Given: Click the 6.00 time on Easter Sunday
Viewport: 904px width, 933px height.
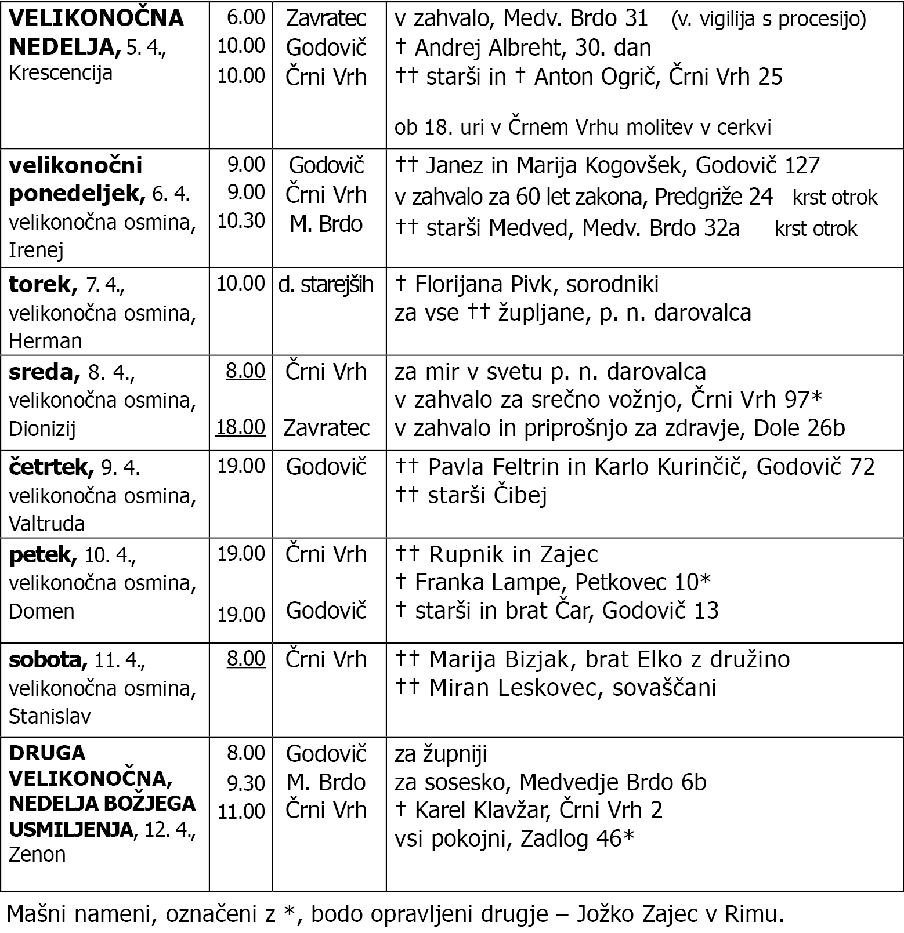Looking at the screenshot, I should pyautogui.click(x=245, y=17).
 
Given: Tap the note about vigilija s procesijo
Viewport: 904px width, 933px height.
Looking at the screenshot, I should pyautogui.click(x=768, y=20).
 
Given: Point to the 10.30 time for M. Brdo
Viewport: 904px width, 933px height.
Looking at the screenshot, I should pyautogui.click(x=241, y=220).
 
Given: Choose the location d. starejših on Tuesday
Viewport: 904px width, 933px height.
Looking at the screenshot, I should pyautogui.click(x=326, y=284).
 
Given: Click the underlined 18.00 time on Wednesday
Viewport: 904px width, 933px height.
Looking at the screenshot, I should pyautogui.click(x=240, y=427).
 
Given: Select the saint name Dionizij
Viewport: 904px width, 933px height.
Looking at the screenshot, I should pyautogui.click(x=42, y=429).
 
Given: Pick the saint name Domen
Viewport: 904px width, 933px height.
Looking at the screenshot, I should pyautogui.click(x=41, y=611).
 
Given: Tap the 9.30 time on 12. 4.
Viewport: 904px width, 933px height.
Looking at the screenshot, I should pyautogui.click(x=245, y=783).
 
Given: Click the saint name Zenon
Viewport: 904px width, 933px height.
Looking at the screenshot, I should pyautogui.click(x=37, y=854).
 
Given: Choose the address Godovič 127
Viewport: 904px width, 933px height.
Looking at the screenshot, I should pyautogui.click(x=757, y=166).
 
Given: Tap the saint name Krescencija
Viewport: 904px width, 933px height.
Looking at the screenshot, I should pyautogui.click(x=60, y=73).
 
